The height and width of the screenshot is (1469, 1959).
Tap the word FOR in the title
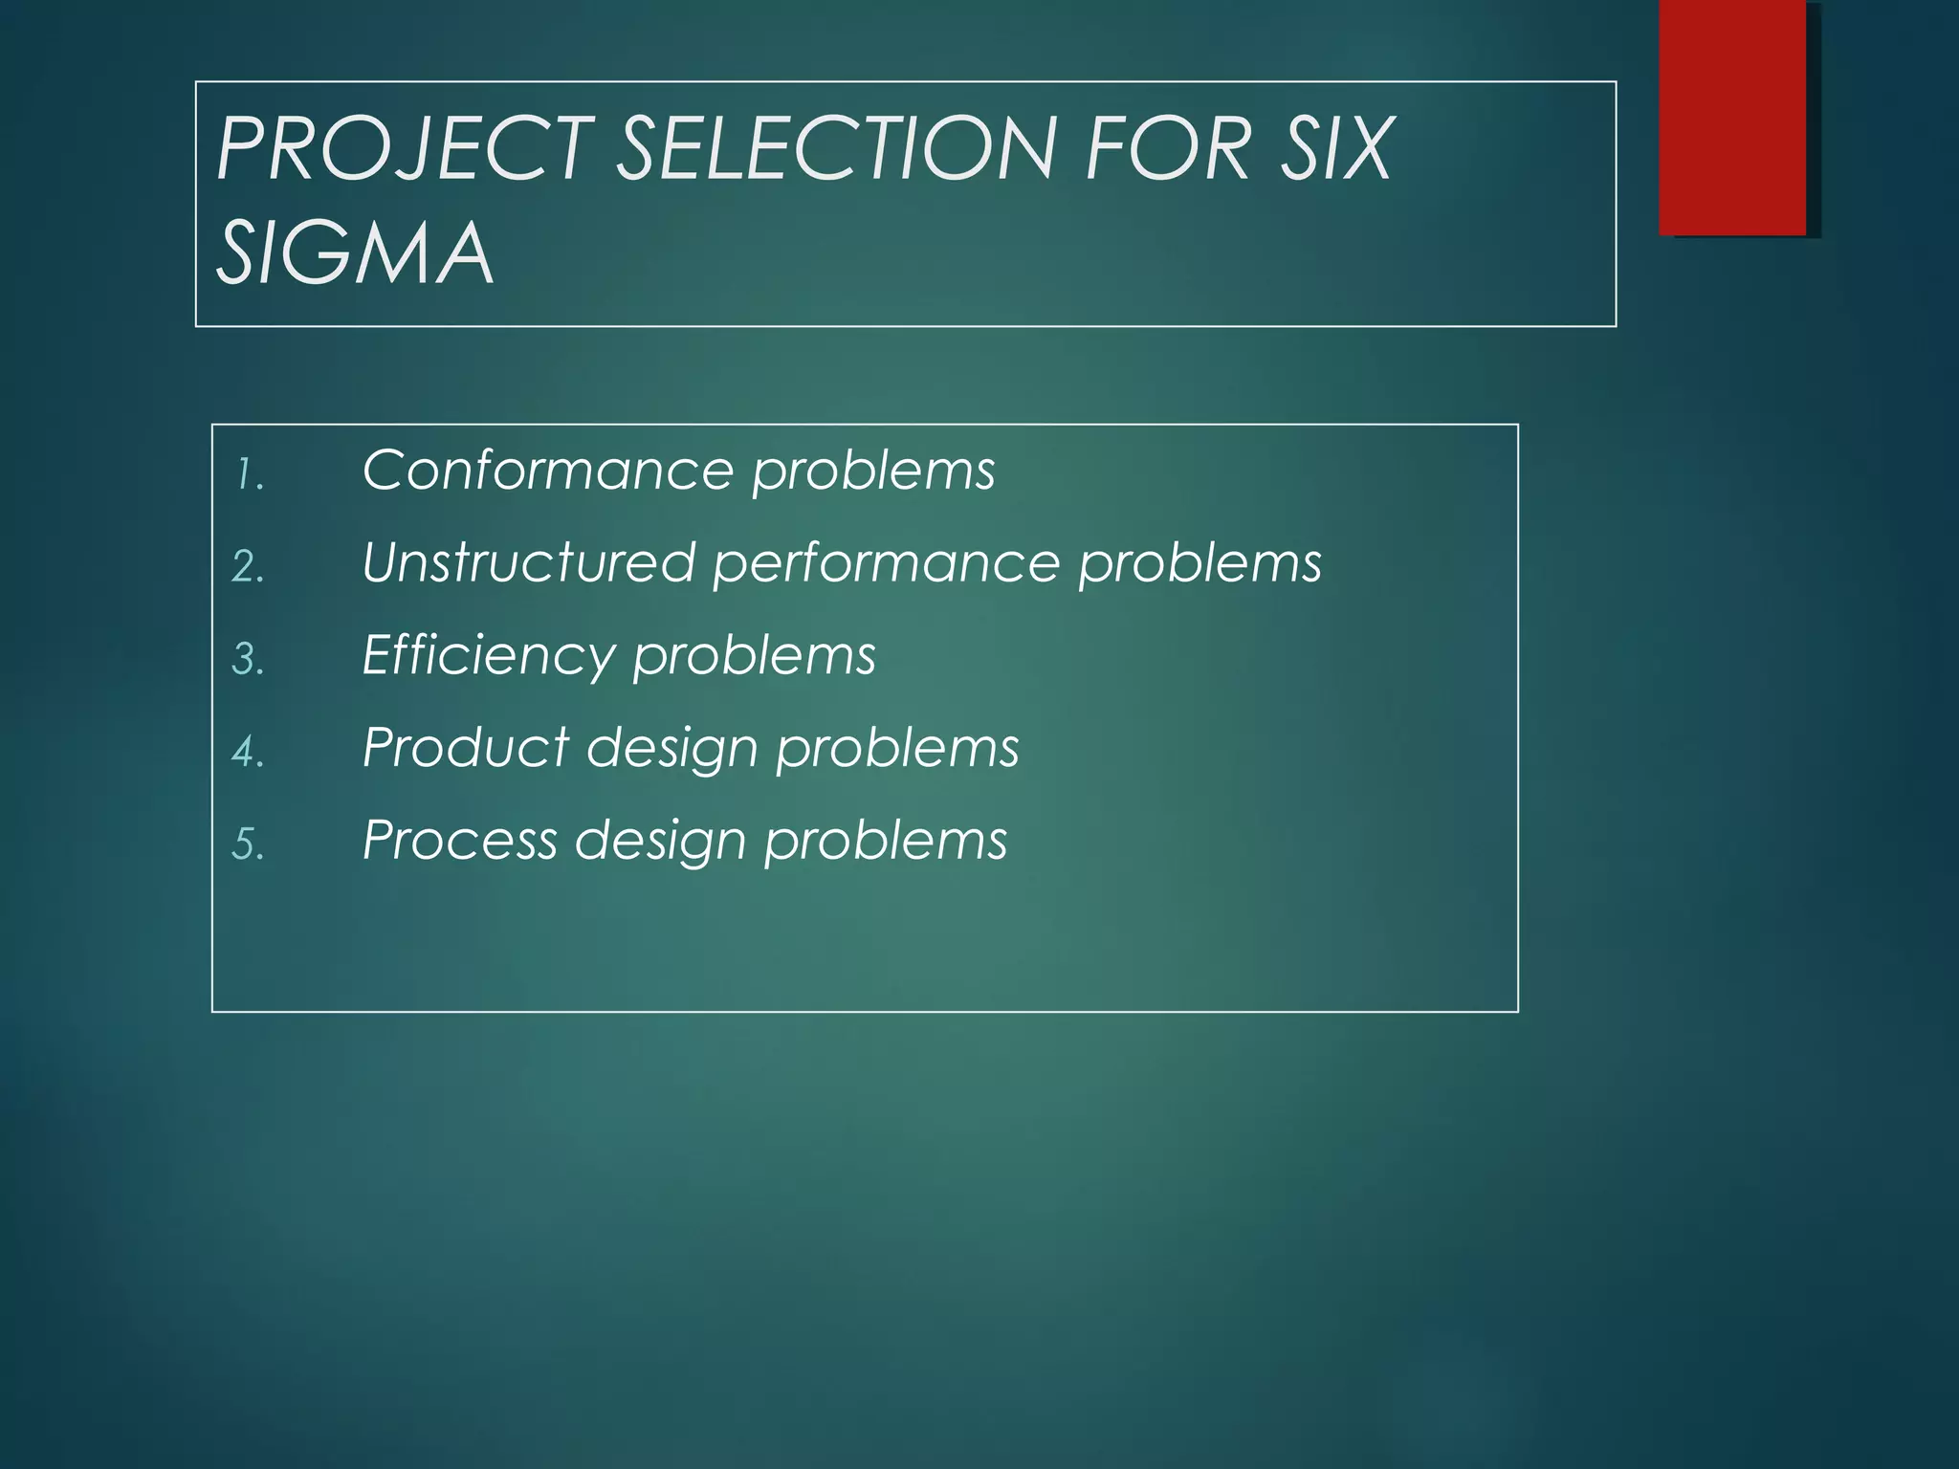tap(1168, 148)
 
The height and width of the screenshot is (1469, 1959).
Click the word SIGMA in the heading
tap(354, 253)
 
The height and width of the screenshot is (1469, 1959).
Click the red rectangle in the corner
tap(1732, 117)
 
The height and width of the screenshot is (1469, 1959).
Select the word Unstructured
tap(528, 562)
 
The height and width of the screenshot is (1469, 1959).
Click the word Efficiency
tap(488, 656)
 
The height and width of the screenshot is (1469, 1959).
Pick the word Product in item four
tap(466, 747)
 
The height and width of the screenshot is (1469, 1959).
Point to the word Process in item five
tap(460, 840)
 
